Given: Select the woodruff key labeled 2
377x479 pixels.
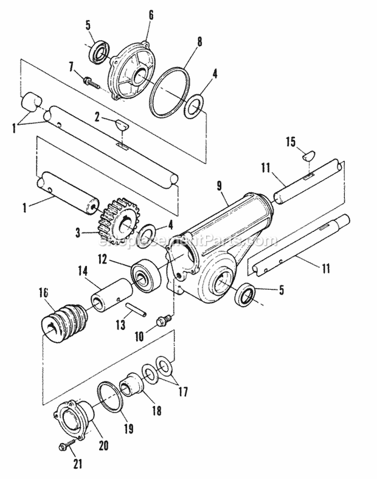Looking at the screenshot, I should coord(121,123).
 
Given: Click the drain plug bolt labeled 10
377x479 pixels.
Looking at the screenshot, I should coord(163,320).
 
